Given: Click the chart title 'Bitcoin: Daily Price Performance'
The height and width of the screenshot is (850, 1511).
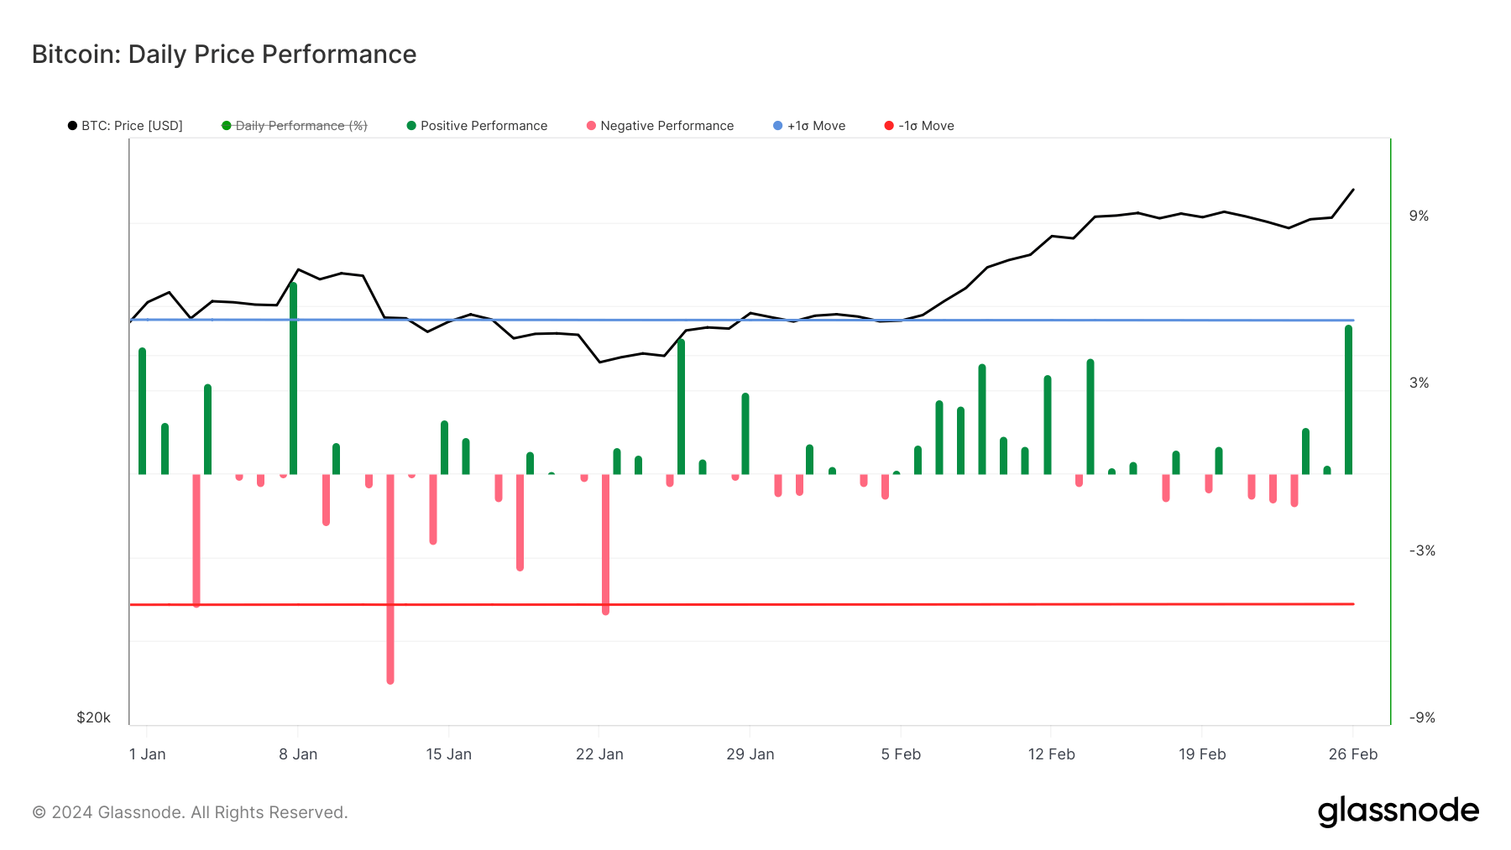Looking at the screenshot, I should (224, 55).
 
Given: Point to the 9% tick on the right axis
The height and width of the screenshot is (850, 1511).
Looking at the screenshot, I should (1419, 216).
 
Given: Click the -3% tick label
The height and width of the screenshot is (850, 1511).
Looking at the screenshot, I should (1421, 551).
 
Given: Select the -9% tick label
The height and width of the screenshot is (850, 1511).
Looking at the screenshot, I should (1421, 718).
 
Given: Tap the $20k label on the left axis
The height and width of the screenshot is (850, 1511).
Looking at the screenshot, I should (93, 717).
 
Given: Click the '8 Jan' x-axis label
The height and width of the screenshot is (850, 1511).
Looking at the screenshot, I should (298, 754).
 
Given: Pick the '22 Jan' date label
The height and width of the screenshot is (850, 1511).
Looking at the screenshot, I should (599, 754).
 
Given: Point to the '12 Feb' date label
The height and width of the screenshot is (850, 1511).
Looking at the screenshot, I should (1051, 754).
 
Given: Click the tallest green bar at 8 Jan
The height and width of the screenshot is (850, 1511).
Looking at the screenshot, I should (293, 378).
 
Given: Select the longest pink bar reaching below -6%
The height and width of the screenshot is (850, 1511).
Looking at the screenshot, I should (390, 579).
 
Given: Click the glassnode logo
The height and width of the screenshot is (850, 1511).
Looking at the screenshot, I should (1398, 811).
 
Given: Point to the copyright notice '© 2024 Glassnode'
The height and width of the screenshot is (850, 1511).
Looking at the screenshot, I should (190, 812).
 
